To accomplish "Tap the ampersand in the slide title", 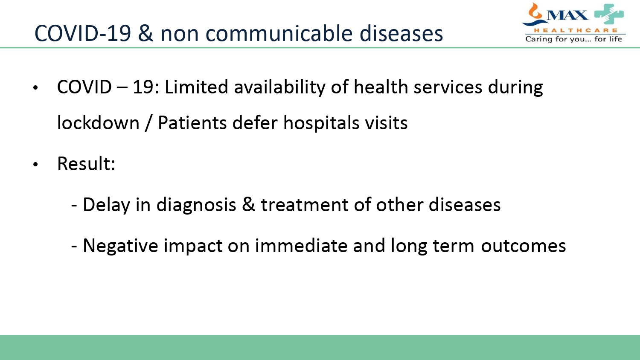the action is pyautogui.click(x=145, y=33).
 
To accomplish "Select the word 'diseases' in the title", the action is pyautogui.click(x=401, y=33).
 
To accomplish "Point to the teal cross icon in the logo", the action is pyautogui.click(x=609, y=14).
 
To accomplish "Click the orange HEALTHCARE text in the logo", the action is pyautogui.click(x=576, y=30).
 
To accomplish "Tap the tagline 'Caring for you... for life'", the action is pyautogui.click(x=574, y=39).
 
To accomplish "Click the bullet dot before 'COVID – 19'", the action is pyautogui.click(x=35, y=88).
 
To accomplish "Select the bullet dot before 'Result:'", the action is pyautogui.click(x=35, y=164).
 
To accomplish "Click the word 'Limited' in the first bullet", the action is pyautogui.click(x=197, y=87).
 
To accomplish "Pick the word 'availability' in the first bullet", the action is pyautogui.click(x=280, y=87).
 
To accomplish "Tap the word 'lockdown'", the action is pyautogui.click(x=98, y=122).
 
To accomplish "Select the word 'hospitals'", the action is pyautogui.click(x=321, y=123).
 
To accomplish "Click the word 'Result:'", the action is pyautogui.click(x=86, y=164).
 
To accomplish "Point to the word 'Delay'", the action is pyautogui.click(x=107, y=205).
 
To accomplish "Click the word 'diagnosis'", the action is pyautogui.click(x=196, y=205).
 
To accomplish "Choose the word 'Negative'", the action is pyautogui.click(x=120, y=246).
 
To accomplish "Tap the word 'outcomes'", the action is pyautogui.click(x=524, y=246).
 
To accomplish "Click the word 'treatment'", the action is pyautogui.click(x=305, y=205).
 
